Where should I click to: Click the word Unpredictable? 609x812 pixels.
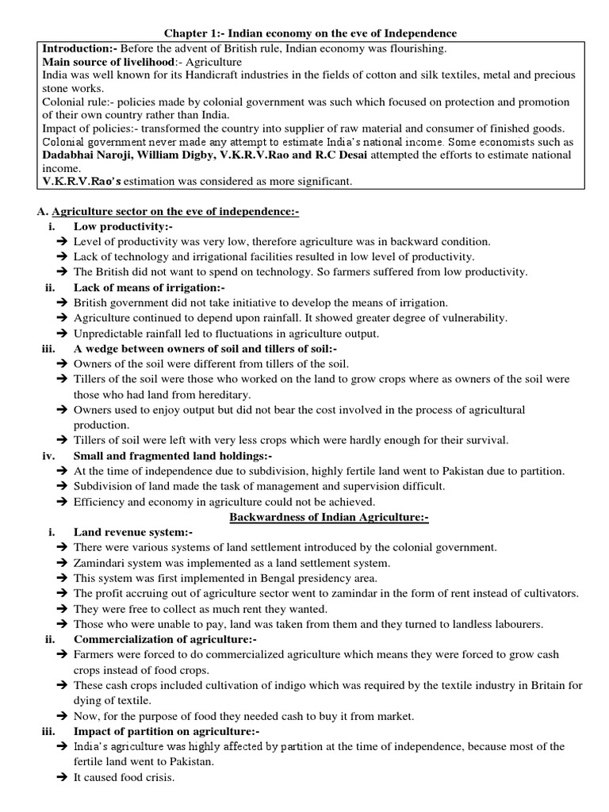coord(109,333)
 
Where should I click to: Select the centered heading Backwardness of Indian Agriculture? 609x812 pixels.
coord(329,517)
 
